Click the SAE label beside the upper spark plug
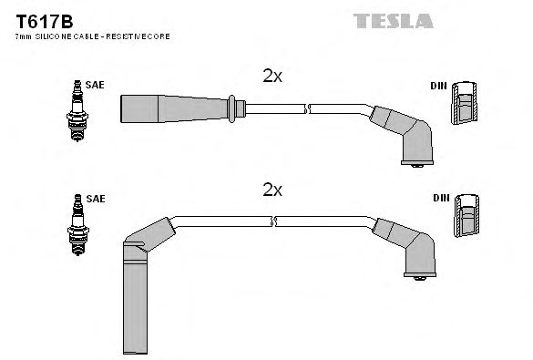click(97, 85)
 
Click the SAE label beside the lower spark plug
click(97, 198)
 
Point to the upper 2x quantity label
click(272, 77)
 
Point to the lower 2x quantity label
click(272, 190)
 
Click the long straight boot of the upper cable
click(173, 107)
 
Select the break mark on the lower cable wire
click(272, 221)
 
